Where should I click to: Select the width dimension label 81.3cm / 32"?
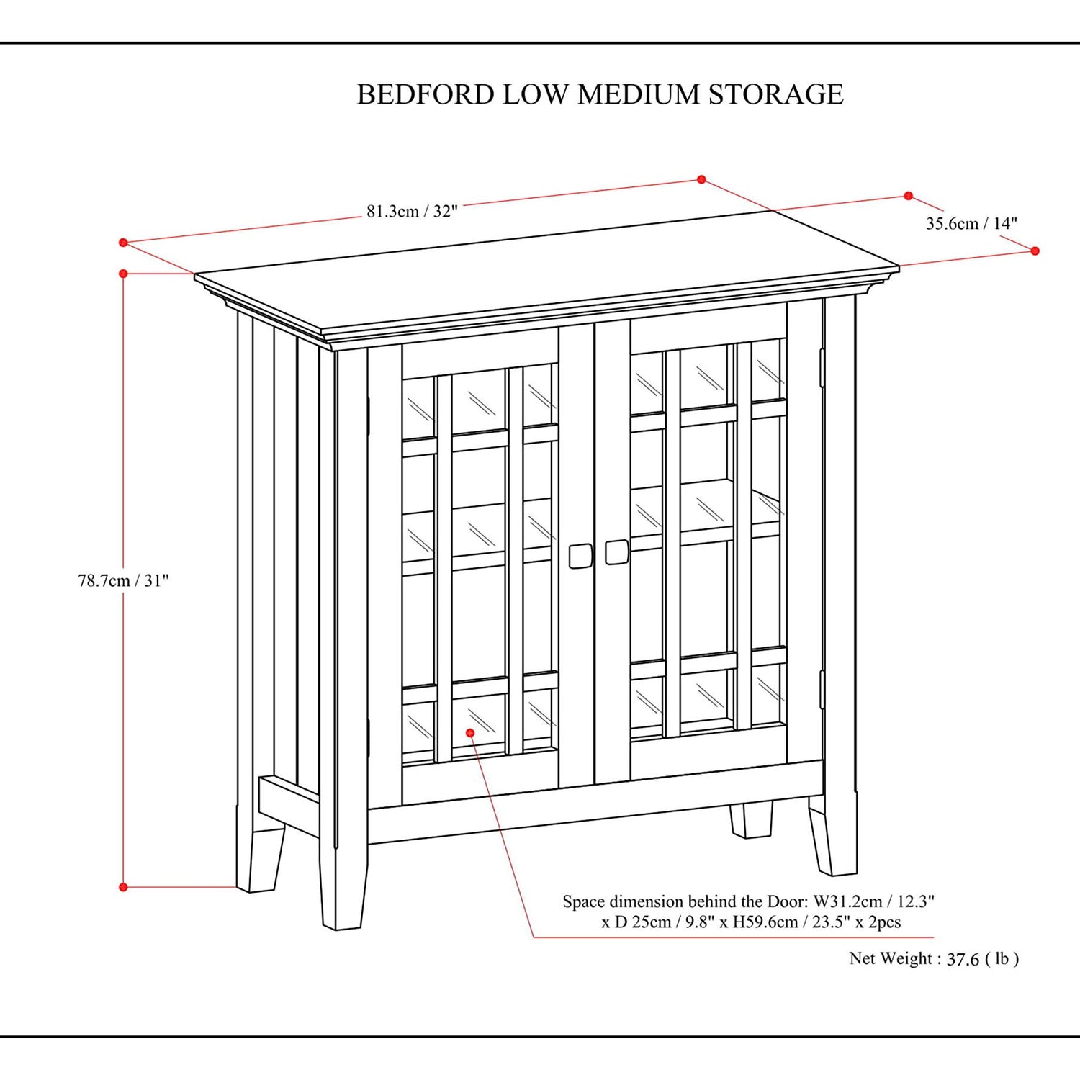[412, 212]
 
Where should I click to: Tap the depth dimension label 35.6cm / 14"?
[971, 224]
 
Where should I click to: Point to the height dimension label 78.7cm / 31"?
[123, 581]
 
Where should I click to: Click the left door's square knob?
[580, 556]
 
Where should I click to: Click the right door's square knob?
[616, 552]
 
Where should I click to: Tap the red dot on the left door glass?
[470, 732]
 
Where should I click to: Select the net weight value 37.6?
[963, 960]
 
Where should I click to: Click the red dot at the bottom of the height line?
[123, 887]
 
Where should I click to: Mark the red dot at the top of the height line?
[123, 274]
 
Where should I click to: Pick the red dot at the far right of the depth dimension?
[1035, 251]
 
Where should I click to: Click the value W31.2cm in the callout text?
[847, 902]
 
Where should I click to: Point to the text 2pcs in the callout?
[885, 922]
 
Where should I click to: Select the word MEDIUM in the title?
[639, 95]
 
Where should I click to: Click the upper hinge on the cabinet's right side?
[822, 367]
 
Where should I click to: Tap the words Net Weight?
[891, 959]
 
